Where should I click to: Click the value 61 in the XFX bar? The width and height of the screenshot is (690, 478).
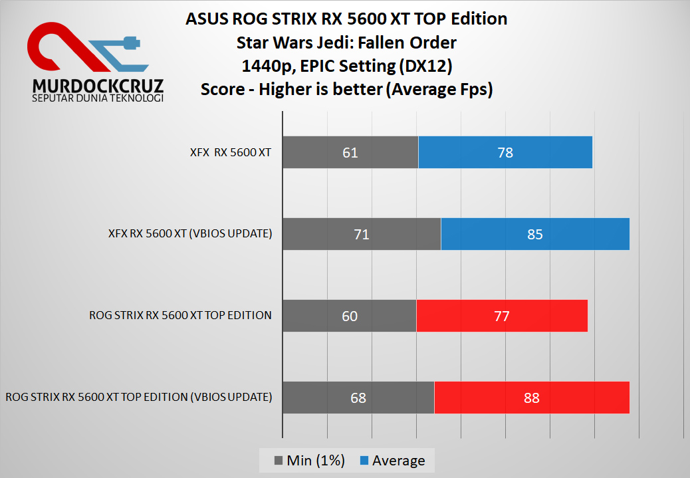click(350, 152)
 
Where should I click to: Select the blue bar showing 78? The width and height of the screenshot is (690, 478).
click(505, 152)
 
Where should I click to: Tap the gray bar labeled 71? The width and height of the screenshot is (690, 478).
click(362, 234)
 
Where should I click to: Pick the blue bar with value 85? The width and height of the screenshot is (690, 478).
click(534, 234)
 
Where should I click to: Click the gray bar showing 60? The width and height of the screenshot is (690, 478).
click(350, 316)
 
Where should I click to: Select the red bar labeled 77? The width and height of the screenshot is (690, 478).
click(502, 316)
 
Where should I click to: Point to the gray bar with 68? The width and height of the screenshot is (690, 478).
click(358, 398)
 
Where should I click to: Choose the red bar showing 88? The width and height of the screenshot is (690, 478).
click(531, 398)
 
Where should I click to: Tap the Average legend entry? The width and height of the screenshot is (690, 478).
click(398, 461)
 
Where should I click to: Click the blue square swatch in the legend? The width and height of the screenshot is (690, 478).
click(364, 461)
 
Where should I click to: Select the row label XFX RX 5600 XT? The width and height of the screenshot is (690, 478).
click(230, 152)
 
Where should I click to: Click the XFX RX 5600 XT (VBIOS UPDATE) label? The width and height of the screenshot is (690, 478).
click(190, 234)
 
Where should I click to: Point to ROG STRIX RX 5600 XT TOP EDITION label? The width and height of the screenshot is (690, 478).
click(180, 316)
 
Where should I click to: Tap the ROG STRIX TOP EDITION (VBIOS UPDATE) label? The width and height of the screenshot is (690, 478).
click(138, 398)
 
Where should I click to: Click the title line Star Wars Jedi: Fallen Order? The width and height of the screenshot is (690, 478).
click(346, 43)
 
